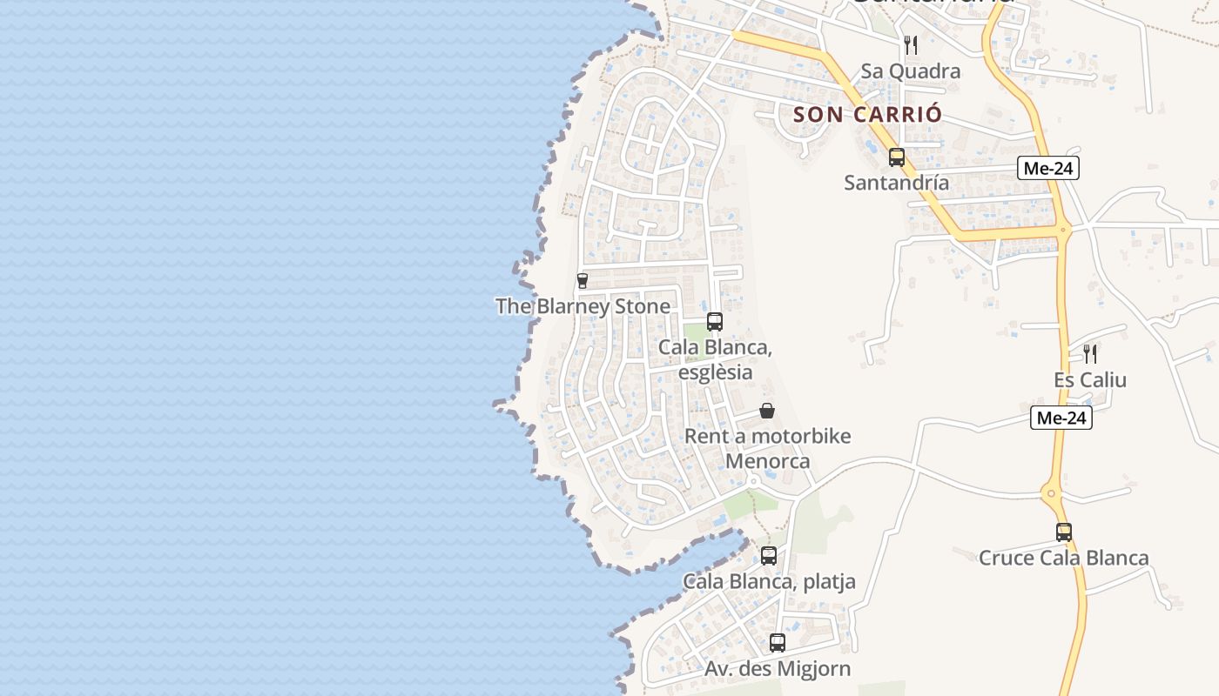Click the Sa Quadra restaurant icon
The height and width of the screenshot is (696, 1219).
(x=911, y=44)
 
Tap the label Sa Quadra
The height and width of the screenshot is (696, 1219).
(x=911, y=71)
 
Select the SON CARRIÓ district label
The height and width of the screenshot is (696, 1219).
(x=868, y=114)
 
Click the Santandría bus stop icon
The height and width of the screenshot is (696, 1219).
(x=897, y=157)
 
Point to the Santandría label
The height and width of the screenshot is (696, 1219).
(x=897, y=183)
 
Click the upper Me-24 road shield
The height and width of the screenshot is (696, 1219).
(x=1048, y=169)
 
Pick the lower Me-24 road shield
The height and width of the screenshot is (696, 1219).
(x=1061, y=418)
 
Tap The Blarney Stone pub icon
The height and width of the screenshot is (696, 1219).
(x=583, y=281)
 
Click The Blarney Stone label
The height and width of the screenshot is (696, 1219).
(x=583, y=306)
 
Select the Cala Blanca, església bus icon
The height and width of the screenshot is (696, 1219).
(x=715, y=322)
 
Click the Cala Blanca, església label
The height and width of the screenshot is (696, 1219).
(x=716, y=359)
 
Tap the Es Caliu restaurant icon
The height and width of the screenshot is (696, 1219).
(x=1090, y=354)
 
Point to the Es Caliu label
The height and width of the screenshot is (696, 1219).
(x=1090, y=380)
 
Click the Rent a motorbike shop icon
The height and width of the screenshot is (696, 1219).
(x=767, y=411)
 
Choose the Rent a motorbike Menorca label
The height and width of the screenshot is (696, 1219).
(x=768, y=448)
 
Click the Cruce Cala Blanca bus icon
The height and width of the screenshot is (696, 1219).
(x=1064, y=532)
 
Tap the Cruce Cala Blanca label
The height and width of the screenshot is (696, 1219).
(x=1064, y=558)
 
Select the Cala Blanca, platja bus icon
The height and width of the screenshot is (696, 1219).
(x=769, y=556)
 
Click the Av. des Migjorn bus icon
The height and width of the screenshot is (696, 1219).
(x=778, y=644)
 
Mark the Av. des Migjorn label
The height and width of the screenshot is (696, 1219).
(x=778, y=669)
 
